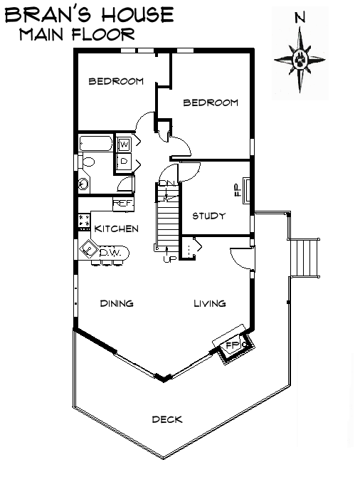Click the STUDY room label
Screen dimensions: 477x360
click(x=209, y=216)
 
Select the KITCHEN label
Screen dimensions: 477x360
click(x=117, y=229)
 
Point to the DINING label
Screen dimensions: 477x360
click(x=117, y=303)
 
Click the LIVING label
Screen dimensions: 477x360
click(x=210, y=303)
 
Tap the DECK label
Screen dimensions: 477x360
click(x=167, y=419)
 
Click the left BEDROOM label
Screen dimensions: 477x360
click(x=116, y=81)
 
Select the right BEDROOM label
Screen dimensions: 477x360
click(x=211, y=103)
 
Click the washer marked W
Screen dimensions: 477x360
click(x=124, y=145)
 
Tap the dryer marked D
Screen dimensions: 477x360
click(x=124, y=161)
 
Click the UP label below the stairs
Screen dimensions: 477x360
click(x=169, y=258)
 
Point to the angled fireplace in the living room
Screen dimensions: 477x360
click(x=232, y=347)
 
